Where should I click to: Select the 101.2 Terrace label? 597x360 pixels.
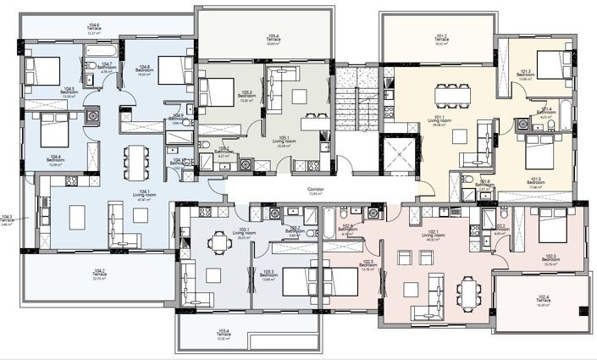pos(440,39)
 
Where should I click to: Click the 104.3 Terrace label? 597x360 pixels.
pos(8,220)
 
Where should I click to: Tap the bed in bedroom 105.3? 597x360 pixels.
pos(219,88)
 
